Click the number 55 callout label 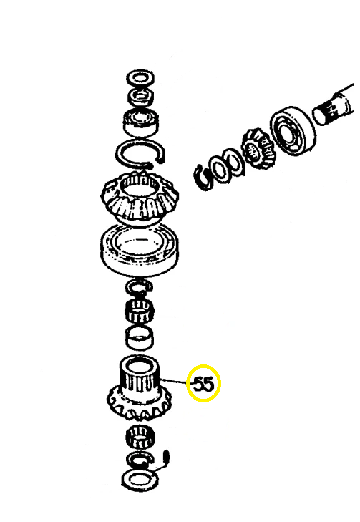click(204, 385)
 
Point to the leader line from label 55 click(173, 381)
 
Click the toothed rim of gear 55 click(139, 405)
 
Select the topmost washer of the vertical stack click(140, 79)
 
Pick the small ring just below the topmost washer click(141, 97)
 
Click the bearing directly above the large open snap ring click(141, 122)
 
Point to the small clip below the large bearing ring click(140, 287)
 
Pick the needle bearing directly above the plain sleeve click(138, 310)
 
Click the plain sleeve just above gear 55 click(140, 337)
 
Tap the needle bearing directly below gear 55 click(140, 437)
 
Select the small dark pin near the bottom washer click(167, 456)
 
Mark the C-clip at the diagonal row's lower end click(204, 177)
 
